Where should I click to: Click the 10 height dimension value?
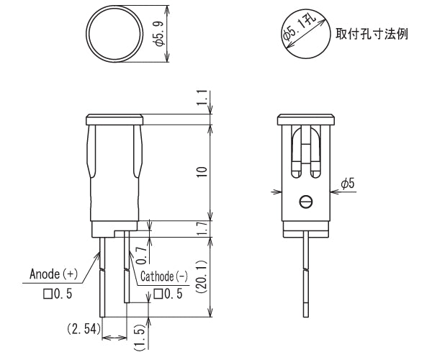click(x=202, y=172)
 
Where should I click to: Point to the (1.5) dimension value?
click(x=140, y=336)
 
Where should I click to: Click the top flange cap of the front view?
click(x=115, y=119)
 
